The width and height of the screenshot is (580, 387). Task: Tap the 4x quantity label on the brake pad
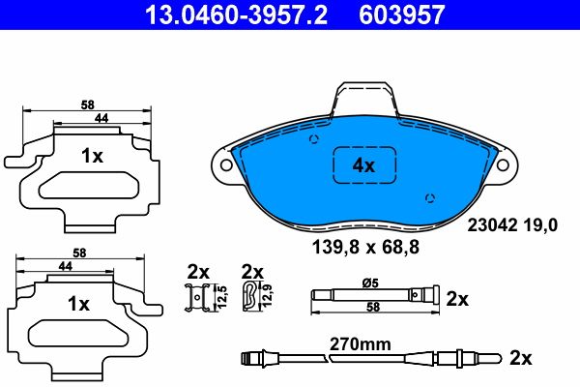pos(363,165)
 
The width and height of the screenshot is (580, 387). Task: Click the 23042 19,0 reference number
pos(512,227)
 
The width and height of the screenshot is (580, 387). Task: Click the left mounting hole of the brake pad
pos(227,165)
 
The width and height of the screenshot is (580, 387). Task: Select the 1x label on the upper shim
pos(92,156)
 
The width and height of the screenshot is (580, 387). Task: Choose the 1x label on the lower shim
pos(77,303)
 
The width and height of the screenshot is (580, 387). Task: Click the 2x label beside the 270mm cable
pos(521,359)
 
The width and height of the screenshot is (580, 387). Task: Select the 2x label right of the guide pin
pos(457,300)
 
